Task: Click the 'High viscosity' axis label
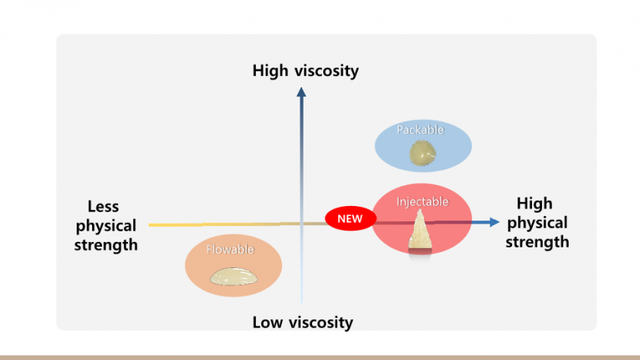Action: click(x=305, y=71)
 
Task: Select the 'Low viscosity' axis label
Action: click(x=303, y=322)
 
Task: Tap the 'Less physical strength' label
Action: click(x=106, y=226)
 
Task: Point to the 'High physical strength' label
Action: click(x=537, y=223)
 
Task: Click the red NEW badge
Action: click(x=350, y=218)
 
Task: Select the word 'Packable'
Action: click(x=420, y=130)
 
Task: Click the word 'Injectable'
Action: click(x=422, y=201)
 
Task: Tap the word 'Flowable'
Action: click(x=229, y=250)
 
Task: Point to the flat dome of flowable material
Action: click(x=233, y=277)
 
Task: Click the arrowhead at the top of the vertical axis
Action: click(x=301, y=93)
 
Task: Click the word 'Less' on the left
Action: click(x=103, y=207)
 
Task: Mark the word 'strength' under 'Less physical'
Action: click(x=106, y=245)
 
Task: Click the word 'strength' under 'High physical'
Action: click(x=537, y=242)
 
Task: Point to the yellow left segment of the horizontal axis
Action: click(x=192, y=225)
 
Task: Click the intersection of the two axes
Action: click(x=302, y=224)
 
